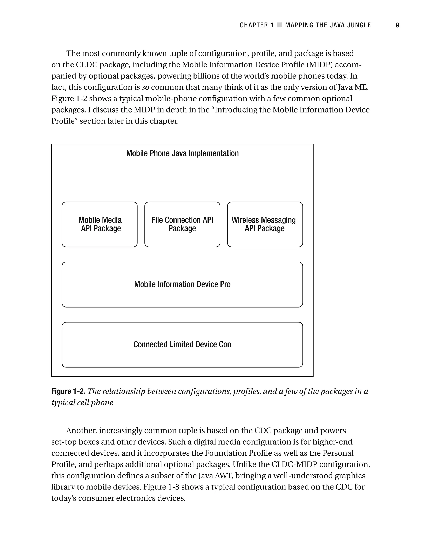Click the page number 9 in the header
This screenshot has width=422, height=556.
tap(397, 25)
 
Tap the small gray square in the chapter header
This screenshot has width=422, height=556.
tap(279, 25)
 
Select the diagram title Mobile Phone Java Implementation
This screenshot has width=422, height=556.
tap(182, 153)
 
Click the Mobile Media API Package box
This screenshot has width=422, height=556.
tap(100, 224)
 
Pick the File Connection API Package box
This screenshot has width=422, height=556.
tap(182, 224)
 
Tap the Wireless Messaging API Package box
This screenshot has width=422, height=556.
tap(265, 224)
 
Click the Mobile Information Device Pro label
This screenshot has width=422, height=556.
tap(182, 284)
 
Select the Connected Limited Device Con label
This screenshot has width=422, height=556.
tap(182, 344)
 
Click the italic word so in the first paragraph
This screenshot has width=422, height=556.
tap(145, 87)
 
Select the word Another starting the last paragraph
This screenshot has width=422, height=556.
tap(81, 431)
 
